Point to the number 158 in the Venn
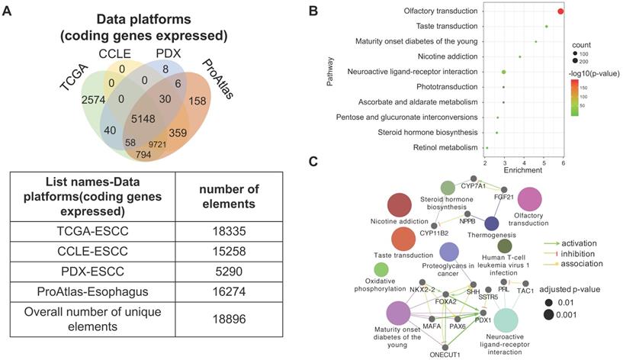tap(214, 101)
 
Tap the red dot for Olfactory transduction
tap(560, 11)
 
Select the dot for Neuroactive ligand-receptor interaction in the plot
tap(503, 72)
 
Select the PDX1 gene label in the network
tap(481, 320)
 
